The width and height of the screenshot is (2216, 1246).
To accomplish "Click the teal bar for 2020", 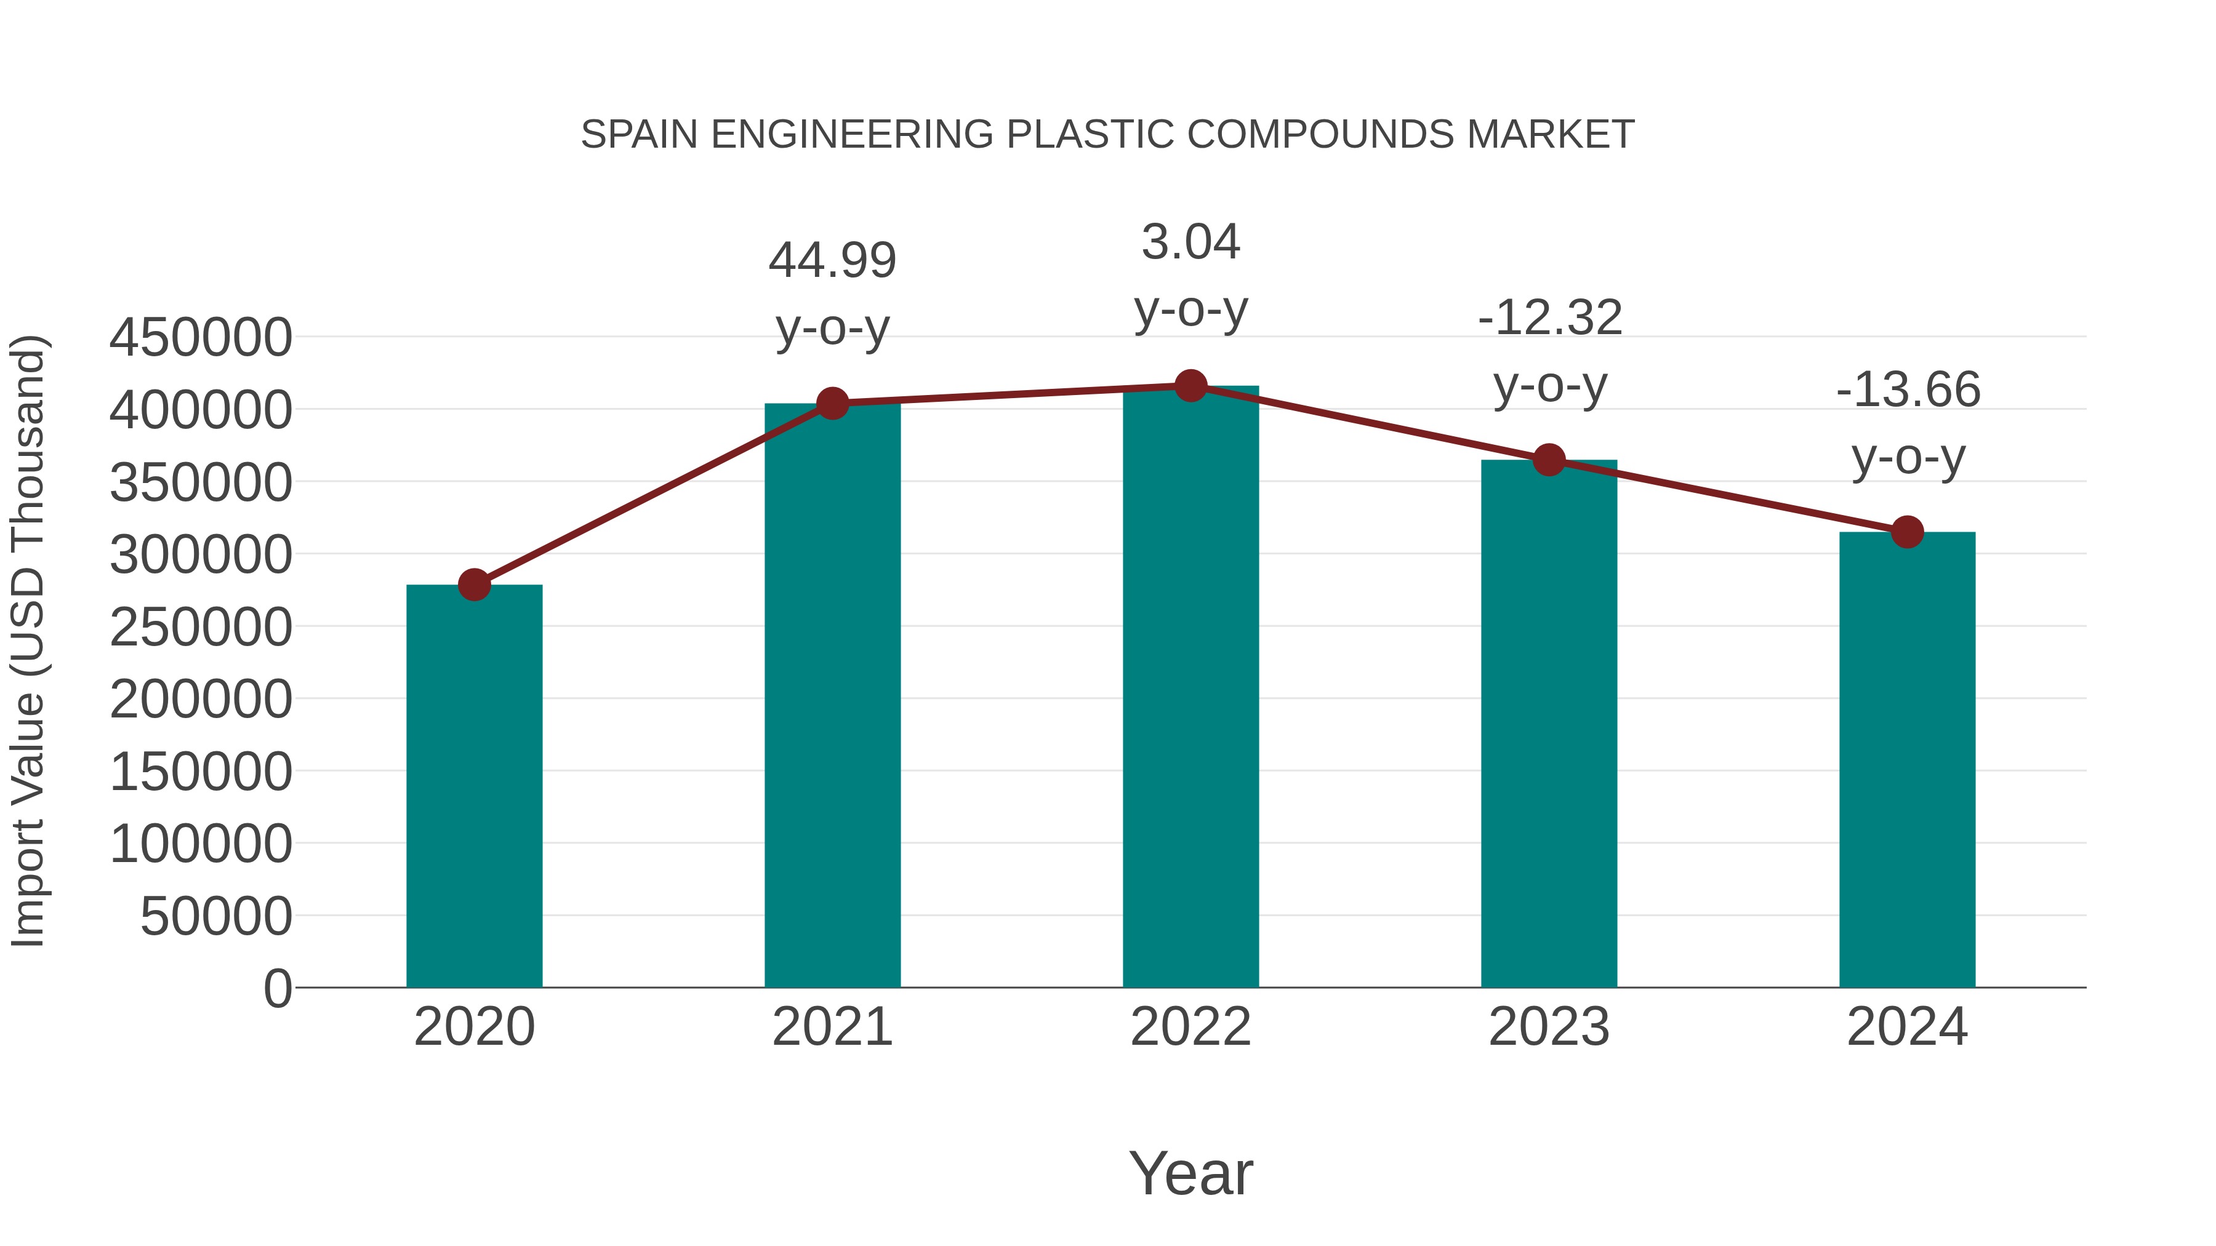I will [x=474, y=787].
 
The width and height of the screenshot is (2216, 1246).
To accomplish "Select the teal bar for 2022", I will [x=1190, y=688].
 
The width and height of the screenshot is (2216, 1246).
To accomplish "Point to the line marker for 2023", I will [x=1549, y=460].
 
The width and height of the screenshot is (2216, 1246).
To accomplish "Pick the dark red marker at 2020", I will [x=474, y=585].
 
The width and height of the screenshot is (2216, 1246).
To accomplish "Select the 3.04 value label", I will [x=1190, y=242].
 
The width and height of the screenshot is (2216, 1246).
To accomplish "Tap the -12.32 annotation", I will [x=1549, y=317].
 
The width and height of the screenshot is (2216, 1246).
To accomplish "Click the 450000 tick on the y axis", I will [x=201, y=337].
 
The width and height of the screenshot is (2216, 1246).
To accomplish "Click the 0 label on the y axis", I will [x=278, y=988].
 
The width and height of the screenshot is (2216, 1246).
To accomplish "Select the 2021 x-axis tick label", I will [x=832, y=1027].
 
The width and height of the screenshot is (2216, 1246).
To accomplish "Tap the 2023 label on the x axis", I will [x=1549, y=1027].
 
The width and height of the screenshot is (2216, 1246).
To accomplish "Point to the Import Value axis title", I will [x=28, y=641].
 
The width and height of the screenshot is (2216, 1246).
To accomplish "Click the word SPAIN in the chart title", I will [x=639, y=135].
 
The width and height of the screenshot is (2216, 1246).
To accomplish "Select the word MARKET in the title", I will [x=1550, y=135].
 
